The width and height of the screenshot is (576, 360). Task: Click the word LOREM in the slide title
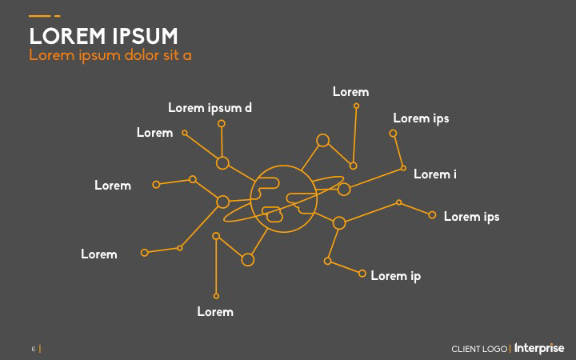click(67, 37)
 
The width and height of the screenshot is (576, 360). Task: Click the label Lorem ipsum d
click(210, 108)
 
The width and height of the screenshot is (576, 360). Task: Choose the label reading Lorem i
click(434, 174)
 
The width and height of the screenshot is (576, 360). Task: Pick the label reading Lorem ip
click(395, 276)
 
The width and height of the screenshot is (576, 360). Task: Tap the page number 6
click(34, 349)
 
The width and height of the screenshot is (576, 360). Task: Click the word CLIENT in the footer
click(466, 350)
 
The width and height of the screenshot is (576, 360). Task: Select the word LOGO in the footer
click(495, 350)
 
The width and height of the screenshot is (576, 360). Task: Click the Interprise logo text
click(539, 349)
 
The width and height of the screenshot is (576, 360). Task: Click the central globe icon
click(278, 199)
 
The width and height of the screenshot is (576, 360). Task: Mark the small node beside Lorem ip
click(362, 274)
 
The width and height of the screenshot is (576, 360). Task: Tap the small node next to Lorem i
click(403, 169)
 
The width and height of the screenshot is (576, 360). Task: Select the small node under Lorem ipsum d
click(222, 123)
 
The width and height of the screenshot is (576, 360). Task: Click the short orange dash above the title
click(58, 16)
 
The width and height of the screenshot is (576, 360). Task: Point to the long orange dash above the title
click(39, 16)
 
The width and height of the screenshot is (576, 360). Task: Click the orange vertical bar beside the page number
click(40, 349)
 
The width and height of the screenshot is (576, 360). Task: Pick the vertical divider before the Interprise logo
click(510, 350)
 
